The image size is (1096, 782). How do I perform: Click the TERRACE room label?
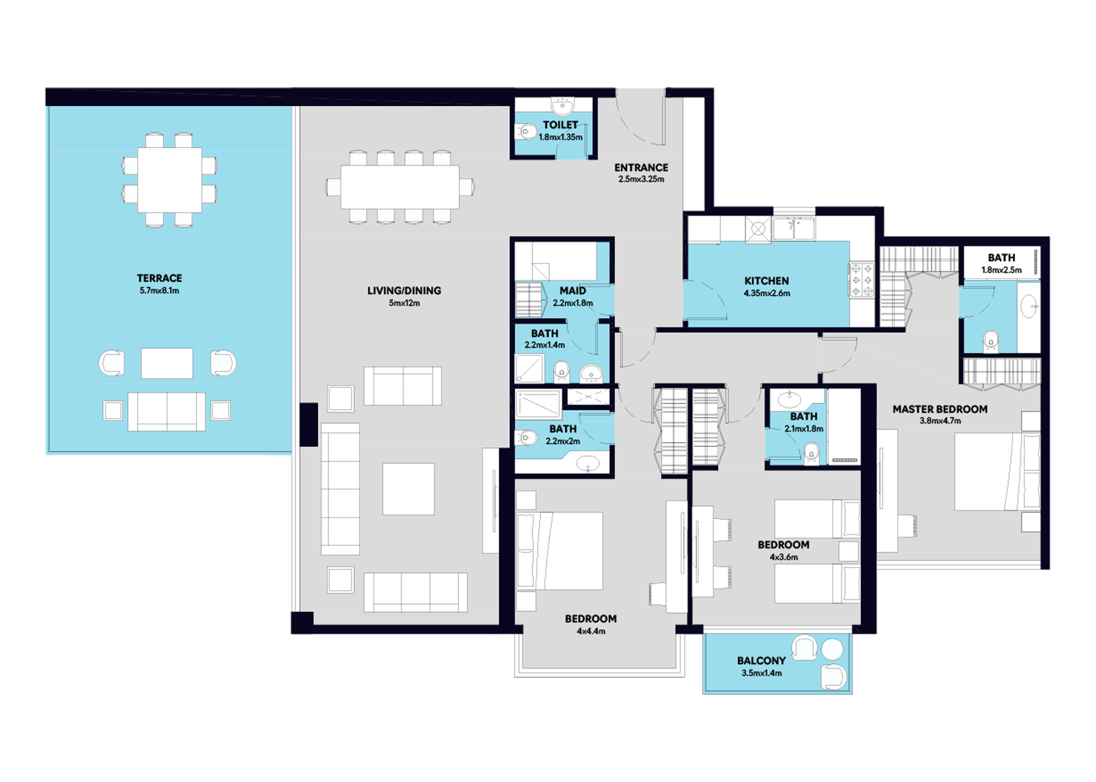[x=159, y=278]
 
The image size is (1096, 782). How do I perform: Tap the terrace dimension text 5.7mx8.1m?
[x=159, y=291]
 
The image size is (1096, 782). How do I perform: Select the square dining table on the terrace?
[x=169, y=180]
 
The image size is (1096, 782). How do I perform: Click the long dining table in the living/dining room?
[x=400, y=187]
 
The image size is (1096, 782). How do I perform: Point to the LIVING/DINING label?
[x=404, y=291]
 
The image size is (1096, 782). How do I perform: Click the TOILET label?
[x=560, y=125]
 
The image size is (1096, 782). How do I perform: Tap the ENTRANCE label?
[x=641, y=168]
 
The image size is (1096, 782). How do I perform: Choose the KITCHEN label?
[x=767, y=281]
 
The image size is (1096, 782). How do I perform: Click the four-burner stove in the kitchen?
[x=861, y=280]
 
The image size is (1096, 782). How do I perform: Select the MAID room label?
[x=573, y=291]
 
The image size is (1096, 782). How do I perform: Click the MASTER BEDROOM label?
[x=940, y=409]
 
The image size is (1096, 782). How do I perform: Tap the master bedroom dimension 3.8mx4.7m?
[x=940, y=421]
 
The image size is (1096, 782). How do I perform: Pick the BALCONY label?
[x=761, y=661]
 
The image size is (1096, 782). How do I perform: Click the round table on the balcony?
[x=832, y=649]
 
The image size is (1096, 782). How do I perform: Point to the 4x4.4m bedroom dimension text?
[x=591, y=631]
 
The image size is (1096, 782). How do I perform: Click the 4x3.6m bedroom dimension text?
[x=784, y=557]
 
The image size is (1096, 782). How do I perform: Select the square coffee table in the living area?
[x=408, y=489]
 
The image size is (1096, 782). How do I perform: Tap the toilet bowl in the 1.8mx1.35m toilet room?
[x=526, y=132]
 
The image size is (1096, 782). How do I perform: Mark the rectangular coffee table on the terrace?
[x=167, y=363]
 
